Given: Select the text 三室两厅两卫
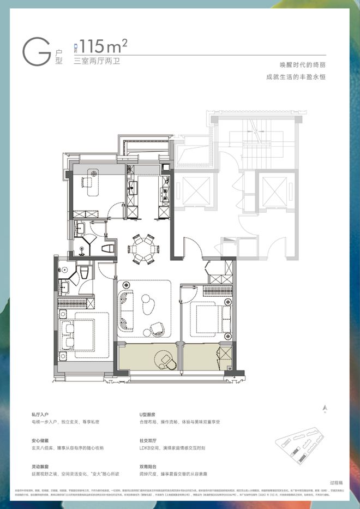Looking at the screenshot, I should coord(96,61).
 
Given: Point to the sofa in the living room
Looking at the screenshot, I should coord(127,308).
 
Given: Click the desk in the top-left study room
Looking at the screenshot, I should coord(92,181).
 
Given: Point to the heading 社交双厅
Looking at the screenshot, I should coord(149,440).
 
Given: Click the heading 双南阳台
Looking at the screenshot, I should coord(149,466).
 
